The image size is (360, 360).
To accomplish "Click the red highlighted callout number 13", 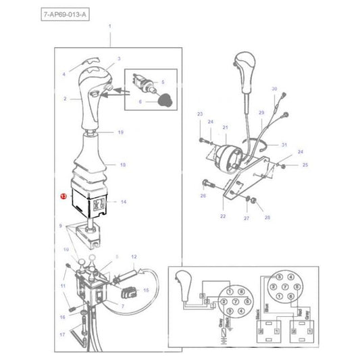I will click(62, 197).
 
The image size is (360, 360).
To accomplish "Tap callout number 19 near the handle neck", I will click(120, 132).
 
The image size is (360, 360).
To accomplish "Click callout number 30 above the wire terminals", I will click(274, 89).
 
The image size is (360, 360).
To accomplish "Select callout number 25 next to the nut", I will click(304, 165).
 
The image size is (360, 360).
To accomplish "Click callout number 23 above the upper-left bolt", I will click(200, 115).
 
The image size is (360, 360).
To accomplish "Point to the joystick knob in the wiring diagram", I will click(184, 280).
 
